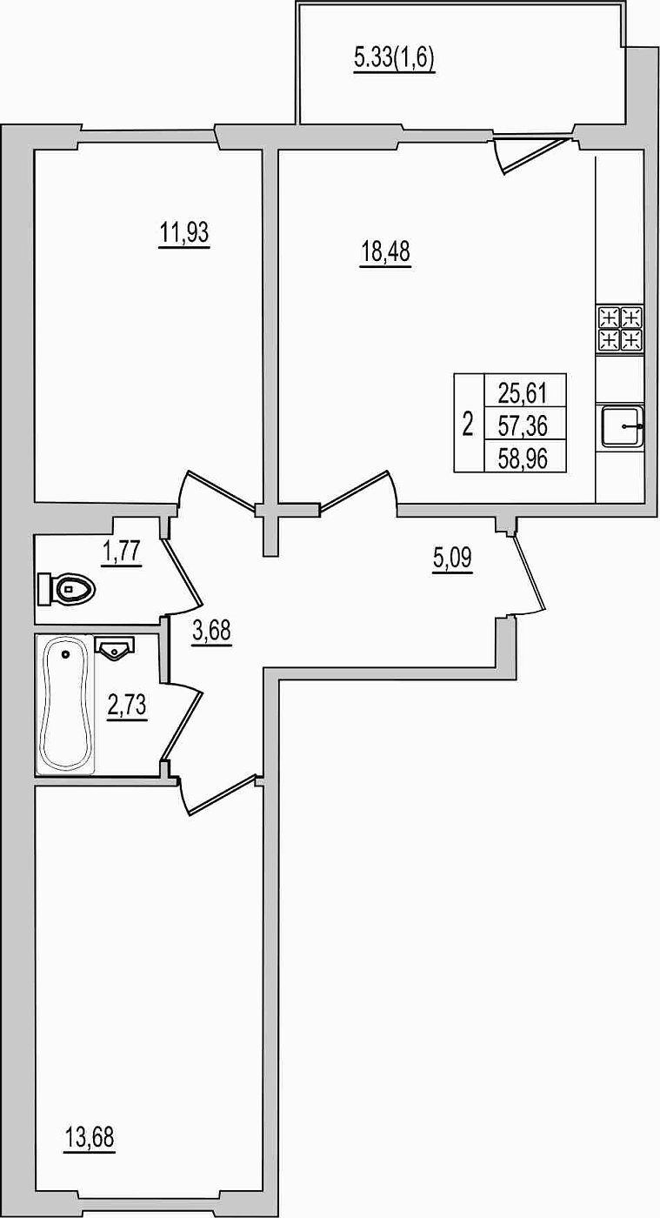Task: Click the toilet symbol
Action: (67, 589)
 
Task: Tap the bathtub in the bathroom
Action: (65, 704)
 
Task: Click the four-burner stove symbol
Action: (620, 329)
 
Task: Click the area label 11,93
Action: (184, 235)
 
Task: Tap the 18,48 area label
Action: (385, 254)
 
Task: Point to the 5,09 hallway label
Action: (452, 559)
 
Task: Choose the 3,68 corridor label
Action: (211, 632)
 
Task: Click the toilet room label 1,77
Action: (122, 552)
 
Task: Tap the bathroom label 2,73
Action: (127, 706)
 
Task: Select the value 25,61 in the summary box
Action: (523, 392)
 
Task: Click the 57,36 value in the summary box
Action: (523, 425)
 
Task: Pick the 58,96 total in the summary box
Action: (523, 459)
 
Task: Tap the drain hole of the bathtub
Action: (66, 654)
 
